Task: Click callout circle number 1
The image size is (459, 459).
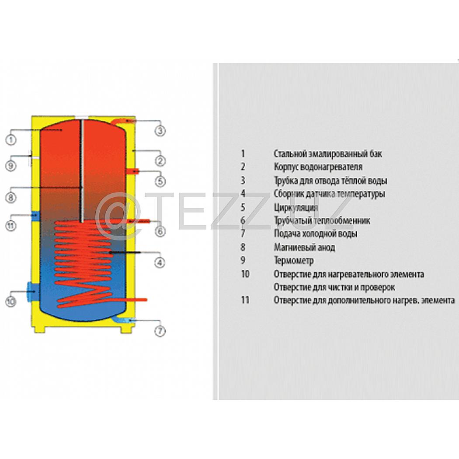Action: tap(11, 139)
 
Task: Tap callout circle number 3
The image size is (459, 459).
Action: tap(160, 131)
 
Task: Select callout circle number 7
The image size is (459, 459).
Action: tap(160, 331)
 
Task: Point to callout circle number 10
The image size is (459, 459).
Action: tap(11, 302)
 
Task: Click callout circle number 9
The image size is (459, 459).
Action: tap(11, 166)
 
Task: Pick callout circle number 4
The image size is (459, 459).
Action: tap(160, 262)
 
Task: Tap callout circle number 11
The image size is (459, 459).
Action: tap(11, 226)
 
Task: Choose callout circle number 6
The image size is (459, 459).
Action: tap(160, 231)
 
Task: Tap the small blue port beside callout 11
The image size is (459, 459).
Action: tap(35, 216)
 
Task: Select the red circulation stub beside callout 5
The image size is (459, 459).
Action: tap(132, 171)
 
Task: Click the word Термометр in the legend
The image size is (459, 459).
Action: tap(294, 261)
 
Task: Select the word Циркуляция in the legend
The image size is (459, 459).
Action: tap(296, 208)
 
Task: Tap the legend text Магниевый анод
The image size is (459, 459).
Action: tap(304, 247)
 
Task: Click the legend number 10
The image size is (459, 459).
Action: tap(245, 274)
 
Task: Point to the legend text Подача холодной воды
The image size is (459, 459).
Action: tap(316, 234)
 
